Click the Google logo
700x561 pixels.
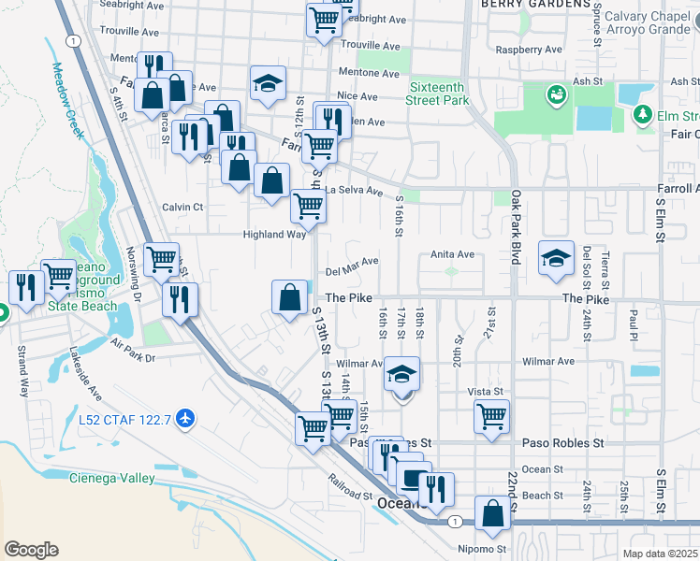[31, 550]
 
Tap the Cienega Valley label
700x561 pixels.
[112, 478]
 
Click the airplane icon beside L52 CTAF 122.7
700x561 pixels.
[185, 416]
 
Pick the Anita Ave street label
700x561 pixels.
[453, 254]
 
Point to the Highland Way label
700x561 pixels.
[275, 235]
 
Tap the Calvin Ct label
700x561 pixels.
[182, 207]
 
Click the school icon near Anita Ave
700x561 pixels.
[556, 258]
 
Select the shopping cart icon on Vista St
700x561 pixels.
[491, 417]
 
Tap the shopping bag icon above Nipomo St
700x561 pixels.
[492, 512]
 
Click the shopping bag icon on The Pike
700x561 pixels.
[290, 297]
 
